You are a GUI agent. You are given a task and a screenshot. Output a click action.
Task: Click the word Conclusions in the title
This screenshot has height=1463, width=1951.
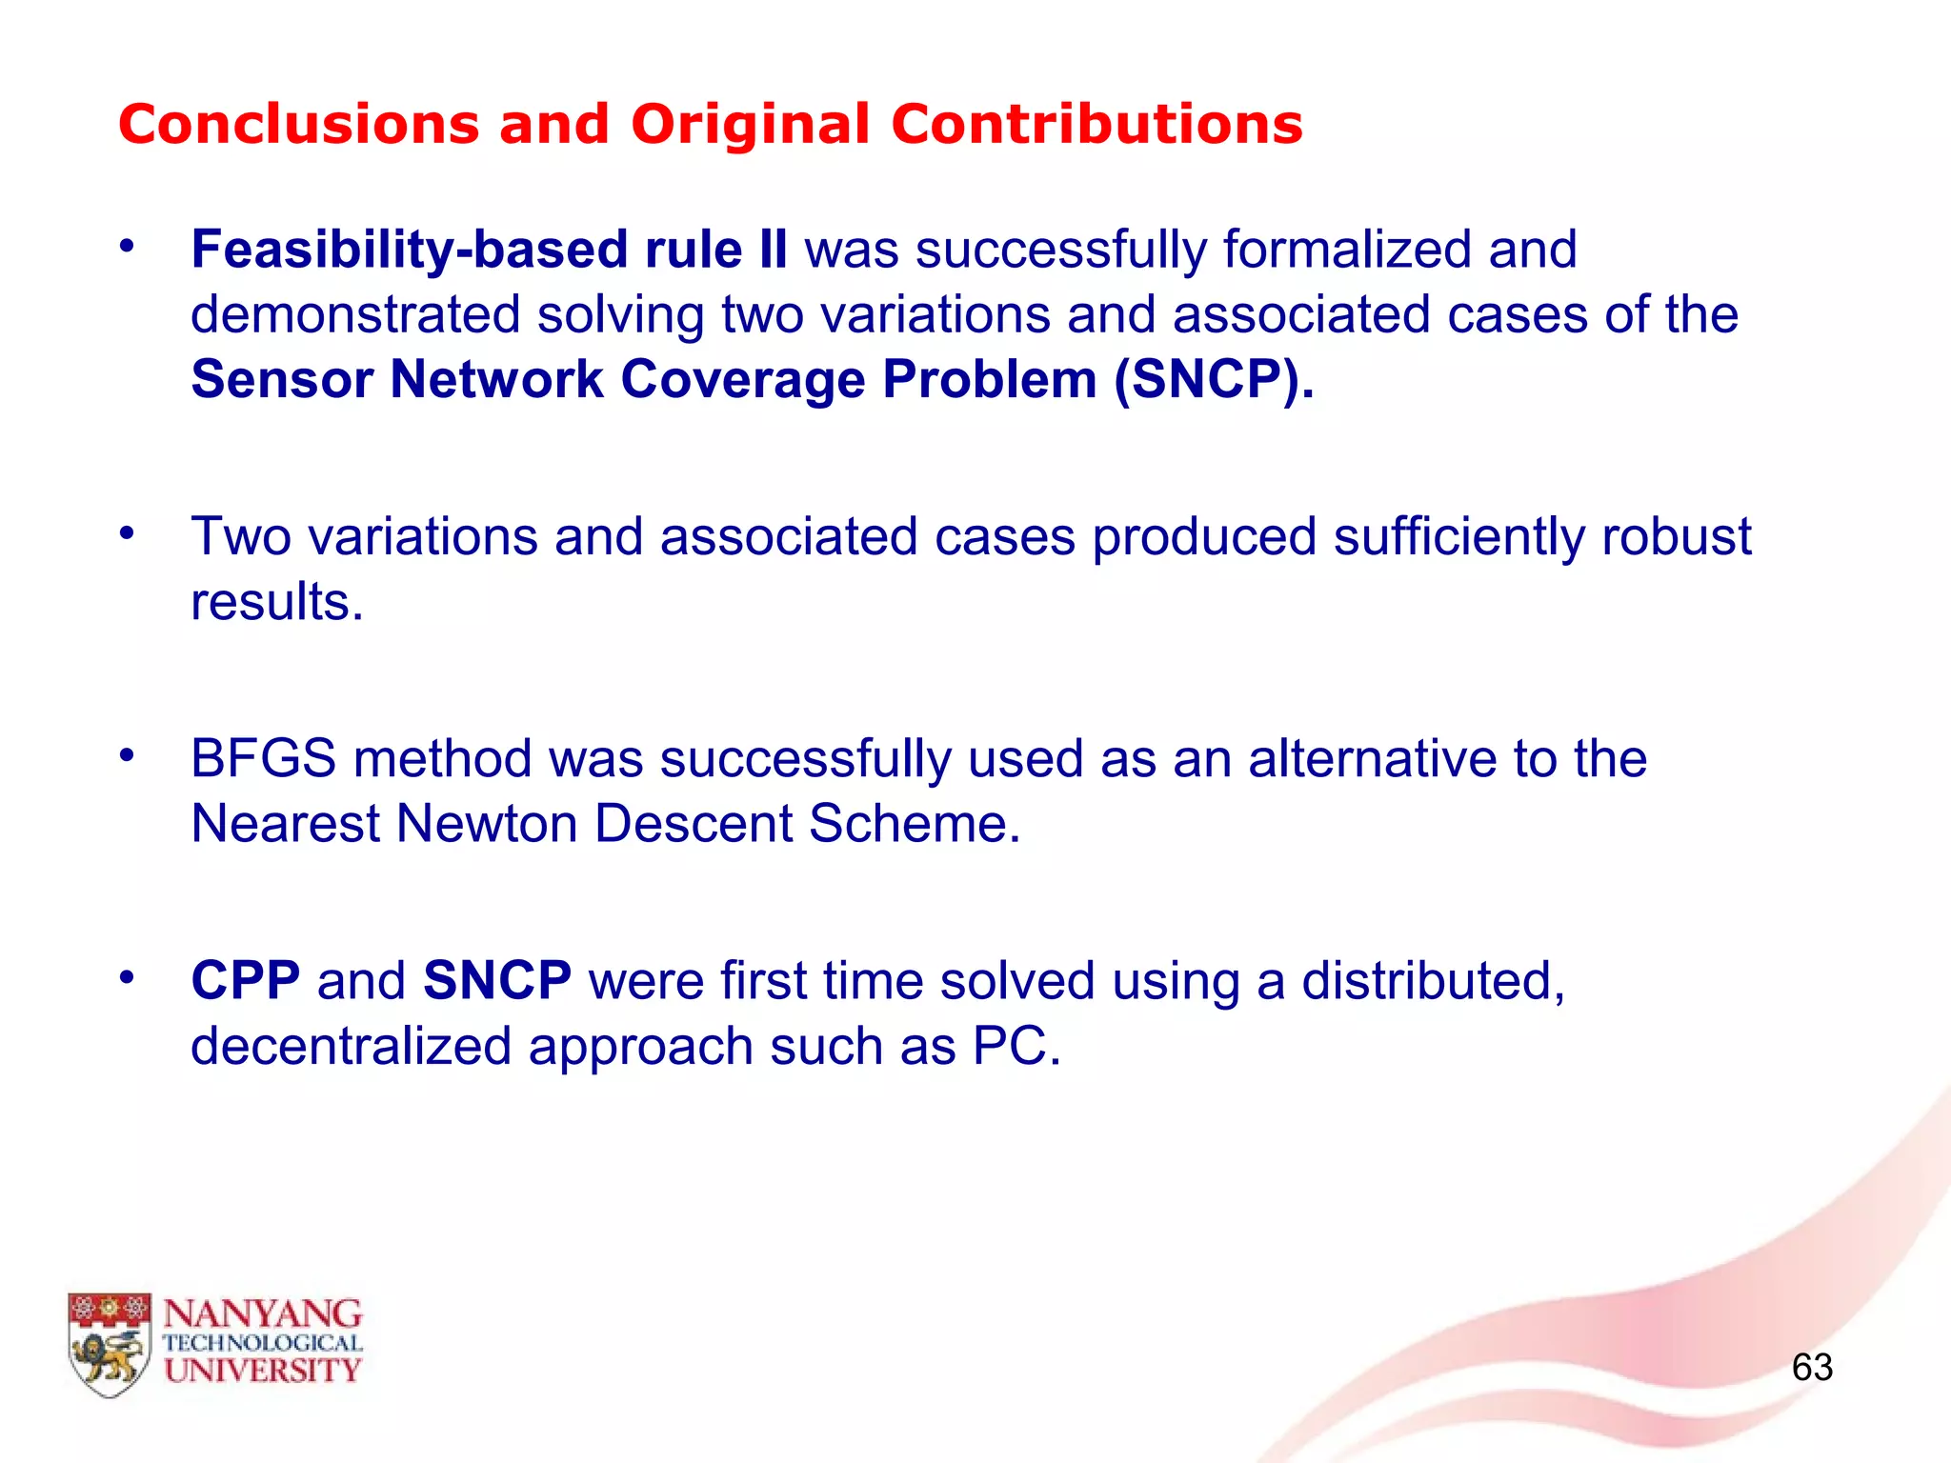click(298, 125)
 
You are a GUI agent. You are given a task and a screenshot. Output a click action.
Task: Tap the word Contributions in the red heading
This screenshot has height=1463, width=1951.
click(1096, 125)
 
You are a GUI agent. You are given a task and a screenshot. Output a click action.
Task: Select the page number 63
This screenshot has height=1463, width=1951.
click(1812, 1368)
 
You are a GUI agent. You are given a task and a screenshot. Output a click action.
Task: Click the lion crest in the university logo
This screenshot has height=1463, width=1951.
click(110, 1344)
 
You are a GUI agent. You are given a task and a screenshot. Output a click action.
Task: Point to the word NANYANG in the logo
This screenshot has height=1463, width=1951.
click(263, 1314)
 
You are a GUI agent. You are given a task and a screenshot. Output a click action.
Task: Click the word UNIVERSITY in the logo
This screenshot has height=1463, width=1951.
click(263, 1372)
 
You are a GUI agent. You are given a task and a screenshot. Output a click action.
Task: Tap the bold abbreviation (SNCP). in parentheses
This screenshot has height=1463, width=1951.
click(1214, 380)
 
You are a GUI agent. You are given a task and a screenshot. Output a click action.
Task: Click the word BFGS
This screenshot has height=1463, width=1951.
click(263, 759)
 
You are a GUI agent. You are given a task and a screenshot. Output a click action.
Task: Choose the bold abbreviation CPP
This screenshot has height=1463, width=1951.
click(246, 981)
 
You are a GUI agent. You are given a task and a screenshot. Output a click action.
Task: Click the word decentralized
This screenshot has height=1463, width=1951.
click(352, 1047)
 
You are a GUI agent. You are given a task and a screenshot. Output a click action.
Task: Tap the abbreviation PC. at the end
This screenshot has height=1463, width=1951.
click(1016, 1047)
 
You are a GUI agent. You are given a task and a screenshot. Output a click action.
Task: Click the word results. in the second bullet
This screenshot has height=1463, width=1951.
click(277, 603)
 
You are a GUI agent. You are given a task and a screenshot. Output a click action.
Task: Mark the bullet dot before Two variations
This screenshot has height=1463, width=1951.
click(127, 533)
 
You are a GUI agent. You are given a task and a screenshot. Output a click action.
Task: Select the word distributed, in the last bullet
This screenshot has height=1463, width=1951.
click(1433, 981)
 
